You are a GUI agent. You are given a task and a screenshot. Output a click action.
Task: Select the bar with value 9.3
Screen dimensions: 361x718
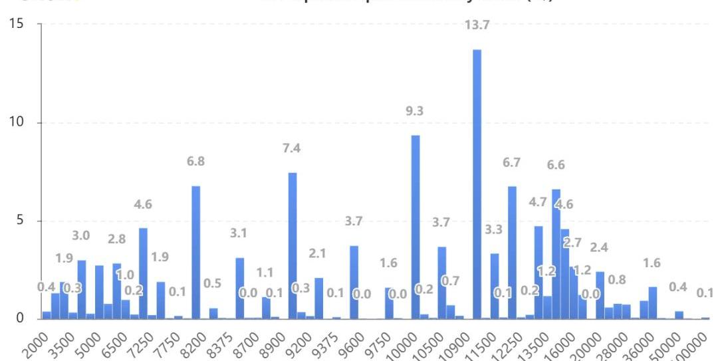(x=416, y=227)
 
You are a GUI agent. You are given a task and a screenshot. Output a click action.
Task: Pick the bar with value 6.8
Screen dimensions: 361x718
(x=195, y=252)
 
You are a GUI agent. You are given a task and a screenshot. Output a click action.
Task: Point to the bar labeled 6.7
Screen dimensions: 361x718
(x=512, y=252)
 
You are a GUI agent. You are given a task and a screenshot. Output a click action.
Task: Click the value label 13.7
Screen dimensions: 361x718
(x=477, y=25)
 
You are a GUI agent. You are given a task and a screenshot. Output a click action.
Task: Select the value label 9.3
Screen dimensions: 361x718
(x=415, y=111)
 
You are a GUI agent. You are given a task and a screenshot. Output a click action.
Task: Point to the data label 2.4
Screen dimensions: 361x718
(x=600, y=247)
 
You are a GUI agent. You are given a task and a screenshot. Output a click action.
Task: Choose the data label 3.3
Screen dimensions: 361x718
(x=495, y=230)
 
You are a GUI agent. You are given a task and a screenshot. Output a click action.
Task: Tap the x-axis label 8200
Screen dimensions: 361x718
(x=193, y=341)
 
